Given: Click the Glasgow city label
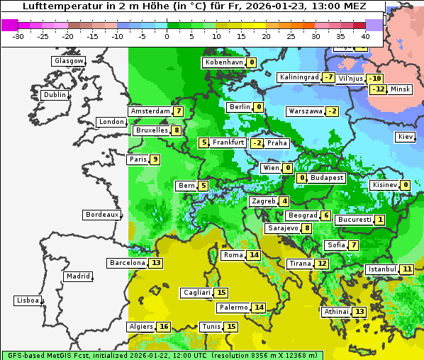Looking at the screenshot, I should click(68, 61).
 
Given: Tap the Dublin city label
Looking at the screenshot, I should click(54, 95).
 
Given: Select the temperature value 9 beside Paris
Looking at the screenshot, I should click(155, 159).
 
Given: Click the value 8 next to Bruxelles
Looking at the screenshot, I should click(177, 130).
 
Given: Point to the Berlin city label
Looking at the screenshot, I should click(239, 107).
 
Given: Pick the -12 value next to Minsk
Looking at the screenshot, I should click(379, 89).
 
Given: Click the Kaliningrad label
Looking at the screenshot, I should click(299, 77).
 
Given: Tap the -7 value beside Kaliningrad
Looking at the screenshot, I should click(328, 77).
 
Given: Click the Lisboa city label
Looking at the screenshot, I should click(27, 300).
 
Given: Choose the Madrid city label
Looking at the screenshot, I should click(77, 276).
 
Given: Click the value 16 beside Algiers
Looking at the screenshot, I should click(164, 327).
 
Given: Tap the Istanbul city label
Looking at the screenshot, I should click(382, 269).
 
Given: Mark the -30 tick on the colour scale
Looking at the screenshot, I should click(18, 35).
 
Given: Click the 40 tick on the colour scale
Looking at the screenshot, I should click(365, 35).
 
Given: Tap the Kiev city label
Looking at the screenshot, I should click(406, 137).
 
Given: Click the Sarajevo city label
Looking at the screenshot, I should click(282, 228).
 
